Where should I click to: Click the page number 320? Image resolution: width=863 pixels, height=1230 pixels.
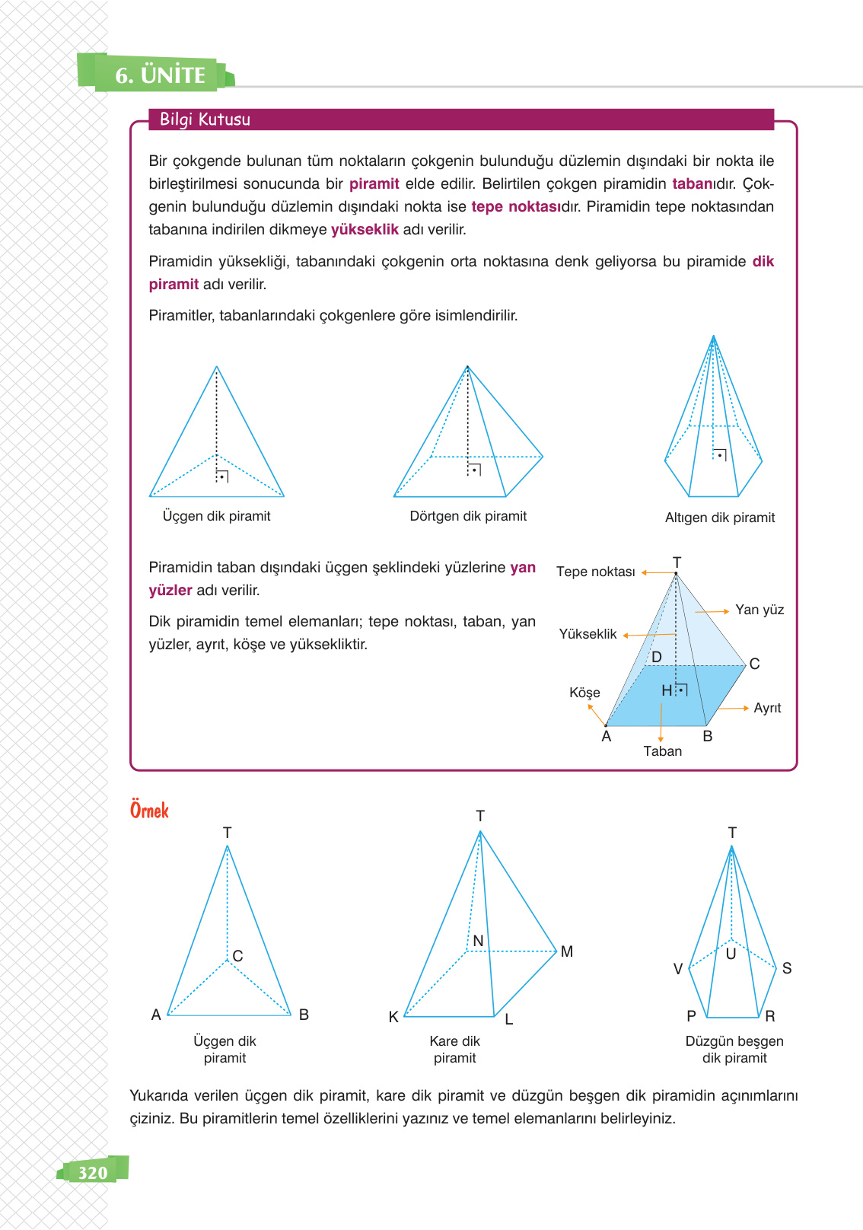point(93,1172)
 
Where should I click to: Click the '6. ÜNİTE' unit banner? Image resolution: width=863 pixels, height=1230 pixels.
point(160,75)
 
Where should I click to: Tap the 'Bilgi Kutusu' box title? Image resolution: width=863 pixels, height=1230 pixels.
point(205,119)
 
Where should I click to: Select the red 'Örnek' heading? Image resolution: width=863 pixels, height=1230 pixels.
point(149,810)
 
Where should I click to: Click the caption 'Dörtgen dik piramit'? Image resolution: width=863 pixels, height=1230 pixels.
point(468,516)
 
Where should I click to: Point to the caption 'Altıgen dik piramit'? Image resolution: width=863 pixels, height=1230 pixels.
point(719,518)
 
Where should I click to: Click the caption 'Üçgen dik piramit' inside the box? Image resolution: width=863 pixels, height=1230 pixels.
point(216,516)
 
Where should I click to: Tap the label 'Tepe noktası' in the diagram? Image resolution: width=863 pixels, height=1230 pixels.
point(595,572)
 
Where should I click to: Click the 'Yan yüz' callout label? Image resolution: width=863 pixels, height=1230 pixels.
point(759,610)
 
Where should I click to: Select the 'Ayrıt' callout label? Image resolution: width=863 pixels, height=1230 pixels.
point(767,708)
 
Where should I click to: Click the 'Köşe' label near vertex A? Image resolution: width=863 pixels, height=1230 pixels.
point(584,693)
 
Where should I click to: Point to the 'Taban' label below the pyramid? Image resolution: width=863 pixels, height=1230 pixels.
point(662,751)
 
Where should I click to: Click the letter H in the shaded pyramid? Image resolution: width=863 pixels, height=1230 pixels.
point(667,690)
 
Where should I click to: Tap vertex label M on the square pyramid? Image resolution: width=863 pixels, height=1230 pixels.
point(567,951)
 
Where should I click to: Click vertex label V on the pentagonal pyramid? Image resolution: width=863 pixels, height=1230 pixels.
point(678,969)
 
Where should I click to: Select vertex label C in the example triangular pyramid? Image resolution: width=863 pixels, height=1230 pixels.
point(237,956)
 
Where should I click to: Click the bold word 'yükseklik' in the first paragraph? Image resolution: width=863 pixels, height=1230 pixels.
point(365,229)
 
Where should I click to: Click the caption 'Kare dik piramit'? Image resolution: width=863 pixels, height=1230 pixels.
point(454,1049)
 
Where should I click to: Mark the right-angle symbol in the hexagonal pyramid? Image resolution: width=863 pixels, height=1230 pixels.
point(720,455)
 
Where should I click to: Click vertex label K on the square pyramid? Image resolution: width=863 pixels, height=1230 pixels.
point(393,1017)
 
